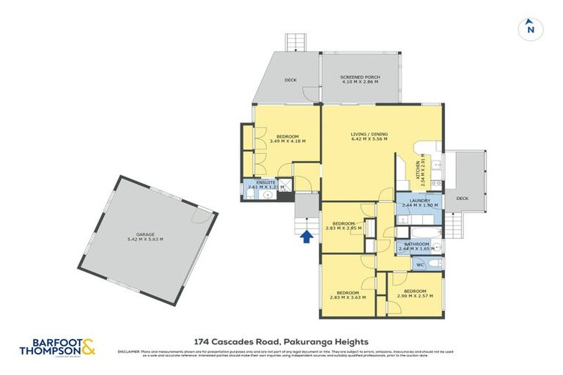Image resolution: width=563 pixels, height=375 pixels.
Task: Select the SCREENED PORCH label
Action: click(x=359, y=77)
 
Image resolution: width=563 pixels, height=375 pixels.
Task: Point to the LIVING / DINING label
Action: click(x=369, y=135)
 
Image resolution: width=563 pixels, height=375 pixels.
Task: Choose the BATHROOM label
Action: click(x=417, y=245)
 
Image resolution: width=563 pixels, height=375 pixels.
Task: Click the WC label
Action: click(x=420, y=264)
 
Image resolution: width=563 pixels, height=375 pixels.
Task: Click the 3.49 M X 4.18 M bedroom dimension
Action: click(x=287, y=141)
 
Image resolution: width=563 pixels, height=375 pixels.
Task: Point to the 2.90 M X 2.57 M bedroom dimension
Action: click(x=414, y=296)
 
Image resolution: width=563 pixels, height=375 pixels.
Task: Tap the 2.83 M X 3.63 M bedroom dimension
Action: click(x=345, y=296)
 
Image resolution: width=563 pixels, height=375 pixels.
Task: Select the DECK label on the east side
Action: click(x=462, y=198)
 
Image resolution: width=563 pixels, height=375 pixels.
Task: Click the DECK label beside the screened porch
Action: click(x=290, y=81)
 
